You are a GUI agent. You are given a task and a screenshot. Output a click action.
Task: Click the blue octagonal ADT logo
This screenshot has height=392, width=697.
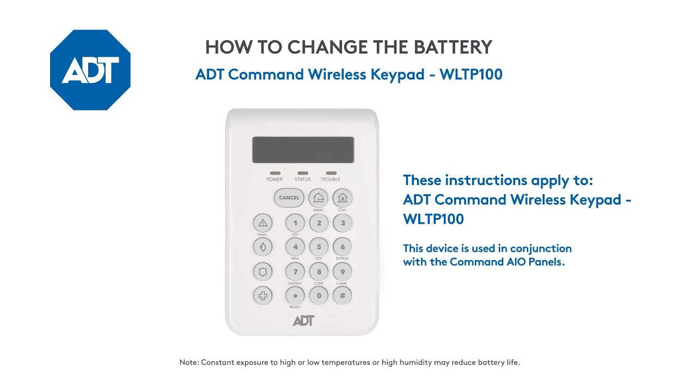pos(90,70)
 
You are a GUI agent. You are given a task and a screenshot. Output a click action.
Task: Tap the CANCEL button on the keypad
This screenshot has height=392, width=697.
pos(289,198)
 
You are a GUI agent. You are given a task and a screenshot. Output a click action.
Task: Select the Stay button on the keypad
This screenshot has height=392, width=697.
pos(343,198)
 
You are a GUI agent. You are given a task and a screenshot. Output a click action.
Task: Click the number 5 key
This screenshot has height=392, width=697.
pos(319,247)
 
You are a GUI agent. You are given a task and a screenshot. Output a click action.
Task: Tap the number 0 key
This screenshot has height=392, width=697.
pos(319,296)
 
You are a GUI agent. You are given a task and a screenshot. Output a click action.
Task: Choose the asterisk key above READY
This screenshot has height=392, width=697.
pos(295,296)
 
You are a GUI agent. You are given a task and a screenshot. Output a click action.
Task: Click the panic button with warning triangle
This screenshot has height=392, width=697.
pos(262,223)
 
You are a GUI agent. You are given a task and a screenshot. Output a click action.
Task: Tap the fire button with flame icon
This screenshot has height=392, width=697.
pos(262,247)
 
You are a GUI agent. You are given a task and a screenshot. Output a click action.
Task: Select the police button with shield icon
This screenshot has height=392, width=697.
pos(262,272)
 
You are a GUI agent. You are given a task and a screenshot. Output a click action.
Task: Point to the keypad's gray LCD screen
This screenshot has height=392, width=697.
pos(303,150)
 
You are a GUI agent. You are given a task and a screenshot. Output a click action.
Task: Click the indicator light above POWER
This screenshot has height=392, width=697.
pos(275,173)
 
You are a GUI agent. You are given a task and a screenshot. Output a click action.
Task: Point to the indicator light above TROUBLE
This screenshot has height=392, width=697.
pos(331,173)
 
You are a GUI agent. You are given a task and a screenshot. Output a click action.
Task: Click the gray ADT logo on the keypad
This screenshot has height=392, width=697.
pos(304,321)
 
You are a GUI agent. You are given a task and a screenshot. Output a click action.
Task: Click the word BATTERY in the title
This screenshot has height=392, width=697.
pos(453,47)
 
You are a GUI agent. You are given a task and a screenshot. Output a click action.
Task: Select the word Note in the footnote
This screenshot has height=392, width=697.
pos(188,363)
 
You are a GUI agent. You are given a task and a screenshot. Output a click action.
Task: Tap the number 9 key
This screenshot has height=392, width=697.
pos(343,272)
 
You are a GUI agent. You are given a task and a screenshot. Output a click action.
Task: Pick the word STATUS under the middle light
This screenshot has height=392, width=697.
pos(302,179)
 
